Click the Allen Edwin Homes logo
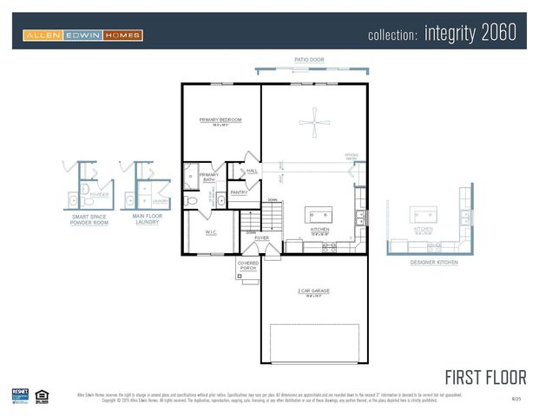(x=82, y=36)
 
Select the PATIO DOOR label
(x=308, y=60)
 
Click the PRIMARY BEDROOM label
(x=220, y=120)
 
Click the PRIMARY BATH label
(x=209, y=178)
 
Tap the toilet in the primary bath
(x=192, y=200)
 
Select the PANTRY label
(x=239, y=192)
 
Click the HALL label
(x=253, y=171)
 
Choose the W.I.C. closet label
(x=211, y=231)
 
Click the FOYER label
(x=261, y=237)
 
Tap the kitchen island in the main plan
(x=319, y=215)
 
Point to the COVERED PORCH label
(x=248, y=266)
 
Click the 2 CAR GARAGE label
(x=313, y=291)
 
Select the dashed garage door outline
(x=313, y=343)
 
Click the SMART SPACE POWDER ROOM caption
(x=90, y=219)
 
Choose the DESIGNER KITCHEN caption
(x=435, y=261)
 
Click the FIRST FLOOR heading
(x=485, y=377)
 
